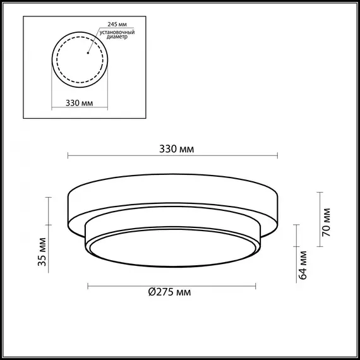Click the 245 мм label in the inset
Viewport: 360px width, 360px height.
[109, 24]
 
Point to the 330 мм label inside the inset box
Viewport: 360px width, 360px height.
[80, 104]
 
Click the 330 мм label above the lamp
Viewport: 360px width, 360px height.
[177, 149]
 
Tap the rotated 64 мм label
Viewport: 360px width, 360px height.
[303, 265]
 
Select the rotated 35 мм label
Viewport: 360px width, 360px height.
[42, 252]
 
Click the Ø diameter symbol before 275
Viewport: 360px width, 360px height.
[152, 292]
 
